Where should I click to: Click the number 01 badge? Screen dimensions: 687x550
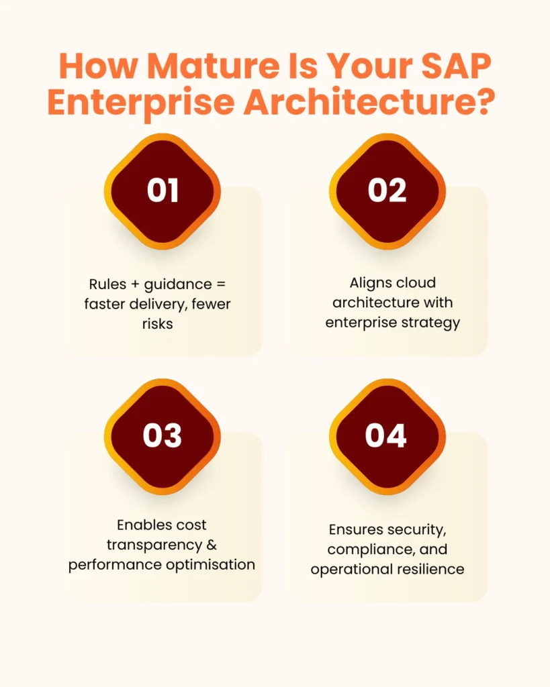pyautogui.click(x=163, y=191)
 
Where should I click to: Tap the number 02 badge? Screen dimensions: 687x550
pyautogui.click(x=387, y=191)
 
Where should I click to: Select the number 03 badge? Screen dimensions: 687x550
pyautogui.click(x=163, y=436)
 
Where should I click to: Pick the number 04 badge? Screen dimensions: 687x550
pyautogui.click(x=387, y=436)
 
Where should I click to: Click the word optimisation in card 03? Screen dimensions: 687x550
pyautogui.click(x=213, y=564)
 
